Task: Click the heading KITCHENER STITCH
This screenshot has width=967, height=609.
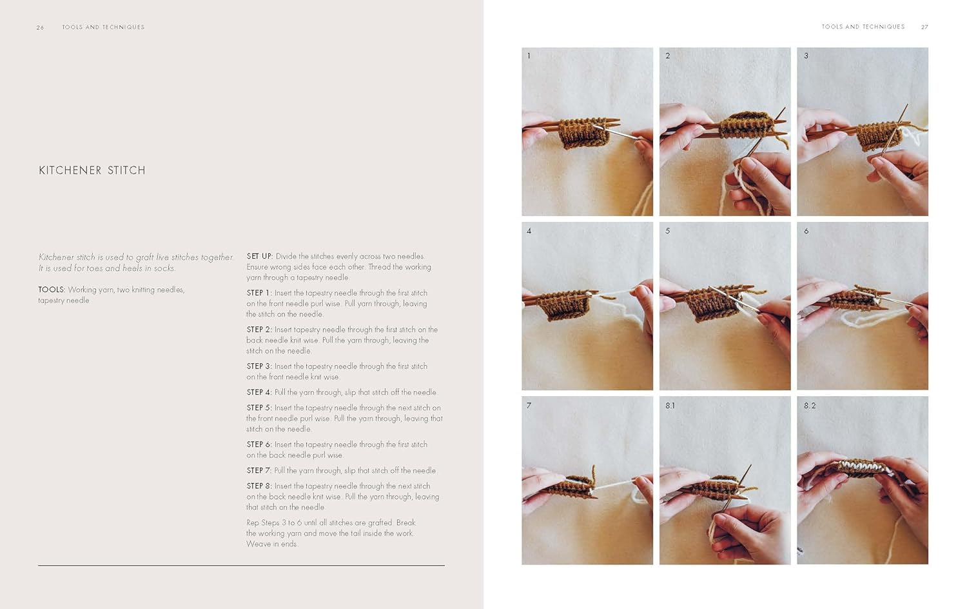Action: (92, 170)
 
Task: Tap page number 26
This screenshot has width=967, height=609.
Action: (40, 27)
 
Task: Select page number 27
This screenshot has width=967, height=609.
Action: (924, 27)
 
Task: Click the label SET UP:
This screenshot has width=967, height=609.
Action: (259, 256)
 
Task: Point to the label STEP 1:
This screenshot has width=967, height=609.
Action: (259, 293)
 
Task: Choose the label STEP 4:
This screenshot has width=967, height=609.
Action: (259, 392)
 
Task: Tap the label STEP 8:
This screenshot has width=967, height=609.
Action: (259, 486)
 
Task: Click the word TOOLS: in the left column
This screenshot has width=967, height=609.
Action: (52, 290)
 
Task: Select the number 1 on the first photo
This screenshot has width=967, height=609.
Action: (529, 55)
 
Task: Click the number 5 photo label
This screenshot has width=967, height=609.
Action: (667, 231)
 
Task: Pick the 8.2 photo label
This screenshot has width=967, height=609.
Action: (810, 406)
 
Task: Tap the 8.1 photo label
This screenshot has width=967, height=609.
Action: (670, 406)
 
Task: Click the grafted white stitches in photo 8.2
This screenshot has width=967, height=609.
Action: (859, 467)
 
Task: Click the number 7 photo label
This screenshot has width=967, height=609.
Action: (529, 406)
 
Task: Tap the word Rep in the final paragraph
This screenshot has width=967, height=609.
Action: (253, 523)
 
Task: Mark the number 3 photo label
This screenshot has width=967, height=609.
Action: (806, 55)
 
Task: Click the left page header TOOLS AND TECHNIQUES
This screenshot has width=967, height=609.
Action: (103, 27)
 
